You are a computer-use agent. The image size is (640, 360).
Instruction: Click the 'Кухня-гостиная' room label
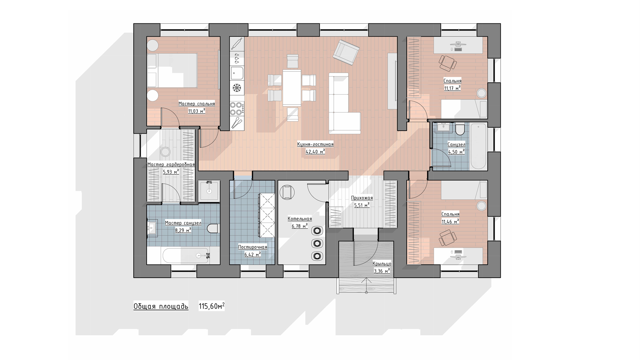click(315, 144)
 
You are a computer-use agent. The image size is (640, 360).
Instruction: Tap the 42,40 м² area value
click(315, 152)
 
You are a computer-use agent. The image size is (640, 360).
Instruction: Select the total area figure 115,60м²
click(212, 306)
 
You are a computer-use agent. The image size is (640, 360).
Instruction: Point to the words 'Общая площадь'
click(161, 306)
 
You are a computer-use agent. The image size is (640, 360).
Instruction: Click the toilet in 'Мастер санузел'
click(212, 229)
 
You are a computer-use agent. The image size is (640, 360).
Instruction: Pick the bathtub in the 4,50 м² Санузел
click(478, 146)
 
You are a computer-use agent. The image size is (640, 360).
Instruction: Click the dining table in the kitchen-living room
click(292, 88)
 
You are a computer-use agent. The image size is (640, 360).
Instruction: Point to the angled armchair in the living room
click(347, 52)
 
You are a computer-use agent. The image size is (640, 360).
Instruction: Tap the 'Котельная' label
click(300, 219)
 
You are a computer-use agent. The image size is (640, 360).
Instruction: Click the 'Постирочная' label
click(253, 247)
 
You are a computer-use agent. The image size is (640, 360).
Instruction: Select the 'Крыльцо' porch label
click(382, 264)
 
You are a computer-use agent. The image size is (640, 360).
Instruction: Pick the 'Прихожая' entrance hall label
click(362, 198)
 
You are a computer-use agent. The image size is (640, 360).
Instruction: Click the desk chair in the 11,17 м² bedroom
click(447, 63)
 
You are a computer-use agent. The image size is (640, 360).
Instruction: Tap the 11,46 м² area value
click(450, 221)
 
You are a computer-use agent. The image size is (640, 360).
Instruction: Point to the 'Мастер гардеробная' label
click(171, 165)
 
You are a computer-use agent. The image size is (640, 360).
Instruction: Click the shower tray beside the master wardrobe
click(209, 191)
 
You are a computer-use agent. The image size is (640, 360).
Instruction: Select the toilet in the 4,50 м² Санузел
click(460, 129)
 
